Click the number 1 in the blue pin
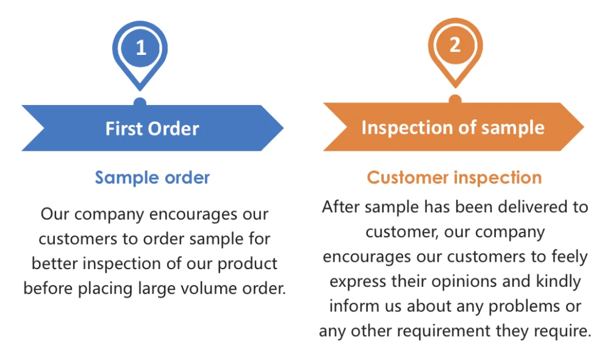coord(141,48)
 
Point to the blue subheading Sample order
coord(152,178)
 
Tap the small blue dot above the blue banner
coord(140,101)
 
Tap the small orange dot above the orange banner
coord(455,99)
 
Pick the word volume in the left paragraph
coord(209,289)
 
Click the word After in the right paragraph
coord(341,207)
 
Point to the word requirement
coord(443,331)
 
